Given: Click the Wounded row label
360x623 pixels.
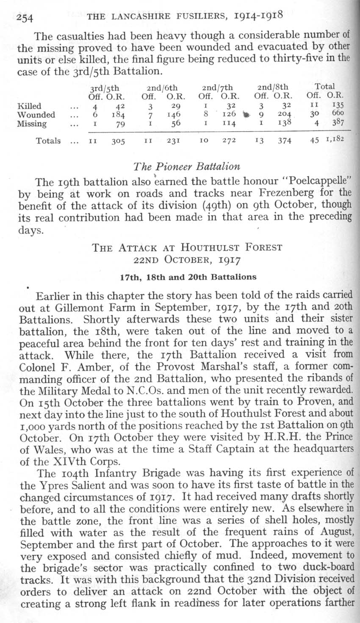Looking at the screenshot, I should [36, 115].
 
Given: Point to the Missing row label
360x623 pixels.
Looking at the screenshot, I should [32, 124].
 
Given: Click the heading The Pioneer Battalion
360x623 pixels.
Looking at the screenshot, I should [186, 166].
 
